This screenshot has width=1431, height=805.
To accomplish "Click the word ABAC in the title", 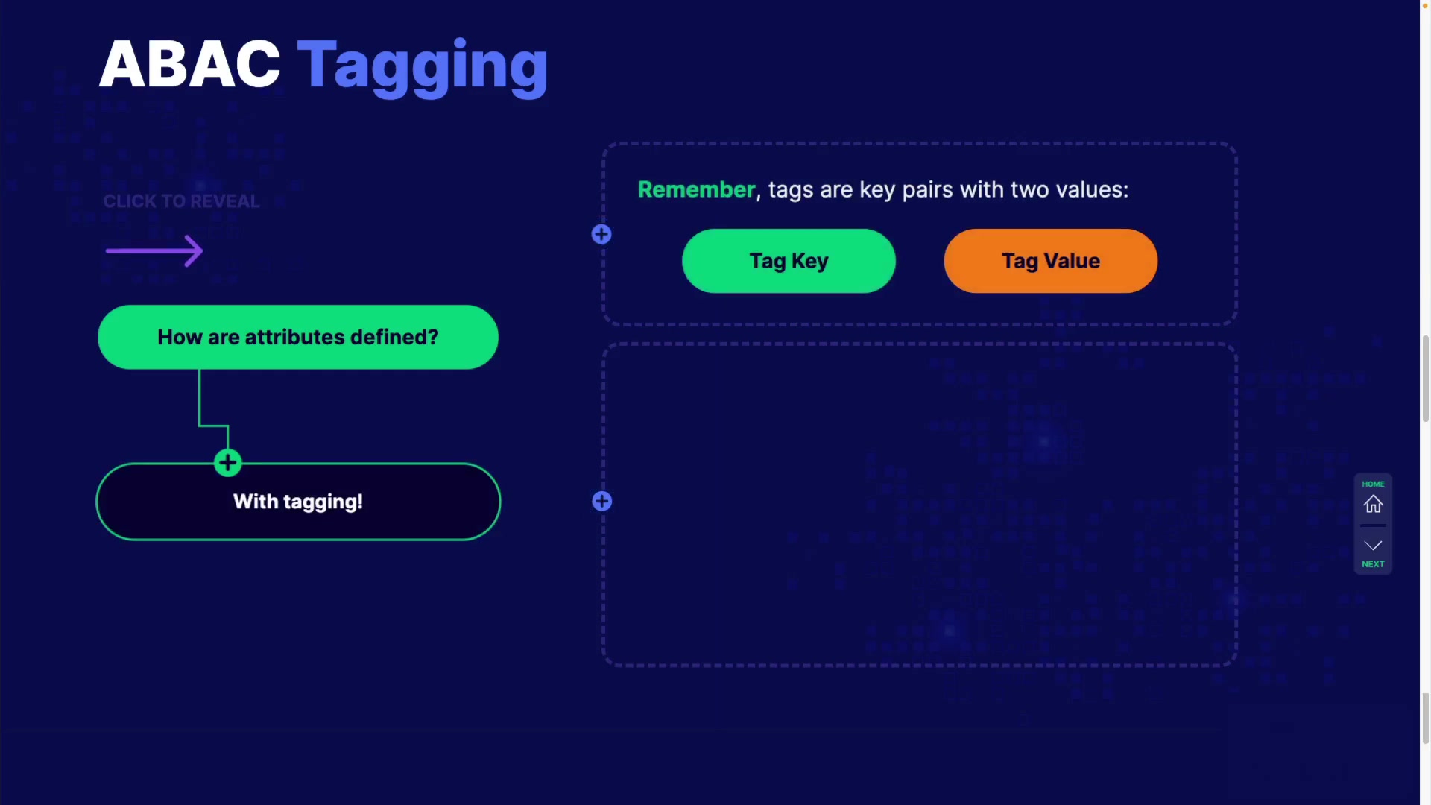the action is click(189, 65).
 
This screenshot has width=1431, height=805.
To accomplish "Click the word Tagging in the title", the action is click(423, 67).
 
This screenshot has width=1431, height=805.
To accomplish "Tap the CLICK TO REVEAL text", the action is click(181, 201).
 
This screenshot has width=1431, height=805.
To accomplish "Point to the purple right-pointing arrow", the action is click(154, 250).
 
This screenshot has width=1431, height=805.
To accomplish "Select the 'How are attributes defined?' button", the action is click(298, 337).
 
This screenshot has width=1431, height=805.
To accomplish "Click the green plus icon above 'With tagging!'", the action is click(228, 463).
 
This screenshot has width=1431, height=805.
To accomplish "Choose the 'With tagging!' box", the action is click(298, 502).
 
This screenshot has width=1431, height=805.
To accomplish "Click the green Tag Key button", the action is click(789, 261).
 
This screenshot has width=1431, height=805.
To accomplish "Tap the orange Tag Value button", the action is click(1051, 261).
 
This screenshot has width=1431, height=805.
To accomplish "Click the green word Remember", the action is click(697, 189).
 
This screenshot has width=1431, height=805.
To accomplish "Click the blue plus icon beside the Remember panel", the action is click(601, 235).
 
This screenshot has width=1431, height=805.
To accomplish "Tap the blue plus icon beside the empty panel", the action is click(602, 502).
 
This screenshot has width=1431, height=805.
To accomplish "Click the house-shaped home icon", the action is click(1373, 505).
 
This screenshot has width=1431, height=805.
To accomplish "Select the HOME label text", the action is click(1373, 484).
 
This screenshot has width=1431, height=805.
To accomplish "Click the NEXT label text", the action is click(1373, 564).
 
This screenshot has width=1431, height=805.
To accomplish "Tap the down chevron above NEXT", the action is click(1373, 546).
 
